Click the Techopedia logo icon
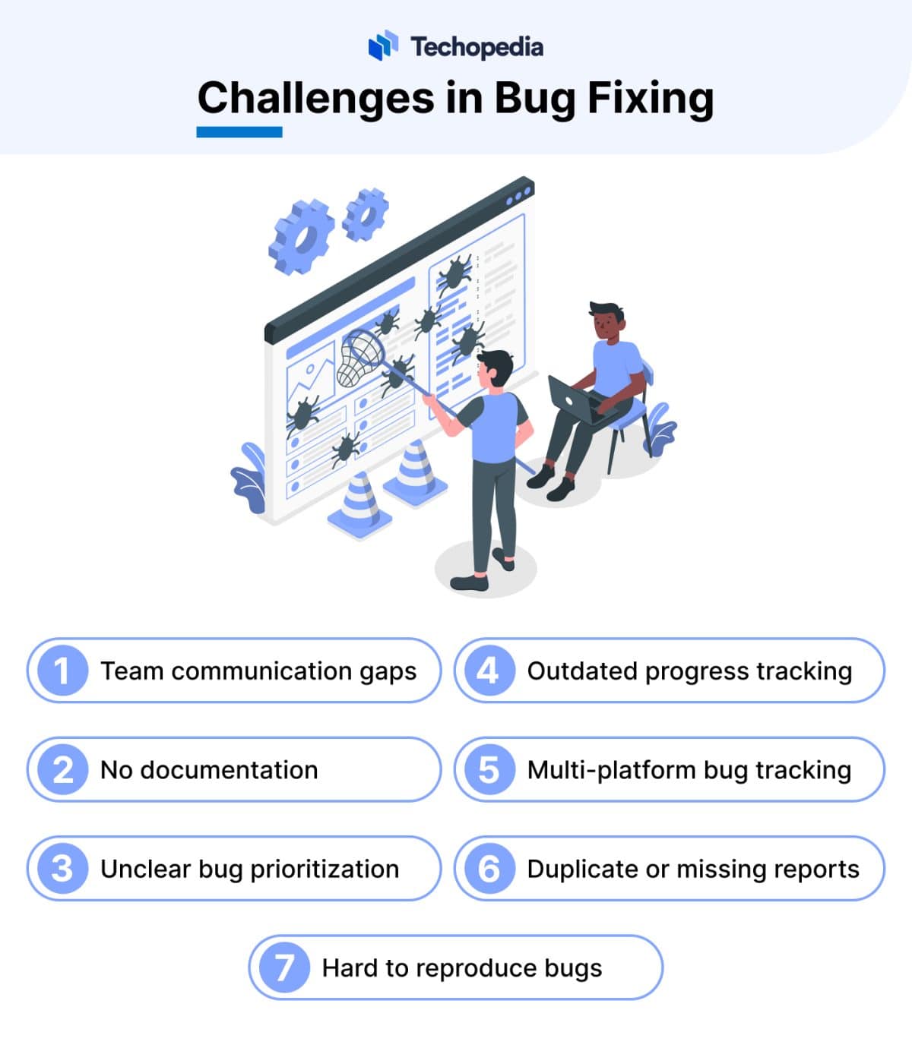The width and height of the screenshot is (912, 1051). pos(383,46)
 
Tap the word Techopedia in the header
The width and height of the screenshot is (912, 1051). pos(477,47)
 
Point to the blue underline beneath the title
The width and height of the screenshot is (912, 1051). pos(239,132)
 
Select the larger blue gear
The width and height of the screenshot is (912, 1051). pos(301,235)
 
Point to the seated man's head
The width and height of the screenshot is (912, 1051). pos(606,322)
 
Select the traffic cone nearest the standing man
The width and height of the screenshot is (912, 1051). pos(415,471)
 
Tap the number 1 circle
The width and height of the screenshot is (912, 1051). pos(62,671)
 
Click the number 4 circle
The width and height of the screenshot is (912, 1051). pos(489,671)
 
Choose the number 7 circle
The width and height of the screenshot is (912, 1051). pos(283,967)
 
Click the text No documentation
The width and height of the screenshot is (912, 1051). pos(209,770)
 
